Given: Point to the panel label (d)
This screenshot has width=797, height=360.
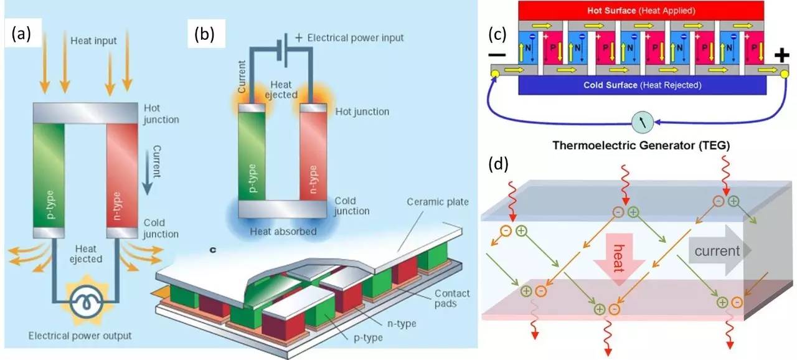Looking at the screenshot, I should point(497,164).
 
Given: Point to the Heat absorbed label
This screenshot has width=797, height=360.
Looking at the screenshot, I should point(283,232).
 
